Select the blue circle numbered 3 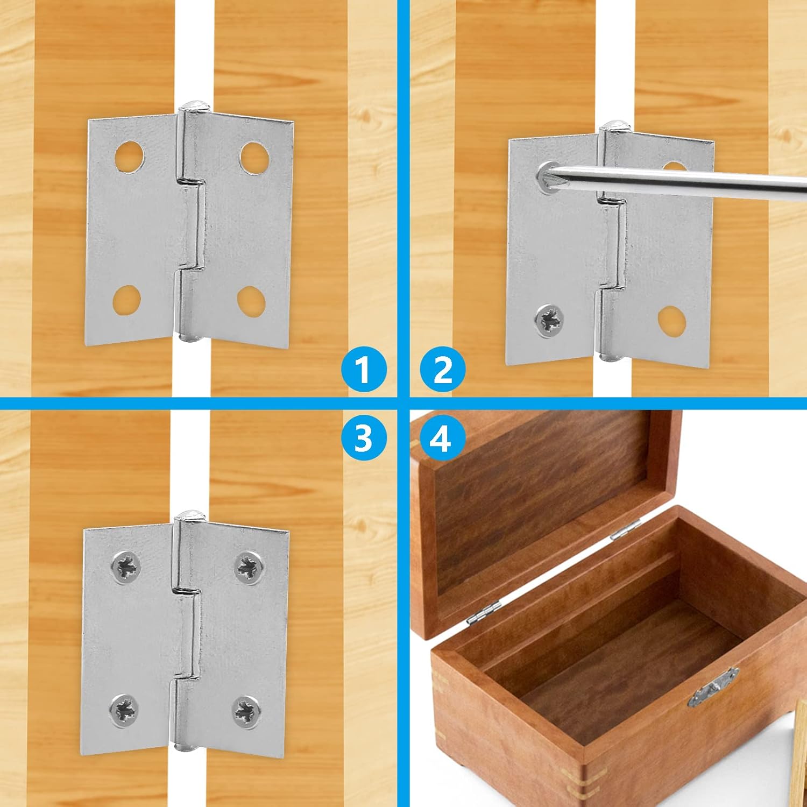tap(364, 437)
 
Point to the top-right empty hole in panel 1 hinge tap(254, 158)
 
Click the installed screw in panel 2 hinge tap(549, 321)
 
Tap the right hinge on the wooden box tap(626, 529)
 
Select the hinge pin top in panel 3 tap(190, 515)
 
